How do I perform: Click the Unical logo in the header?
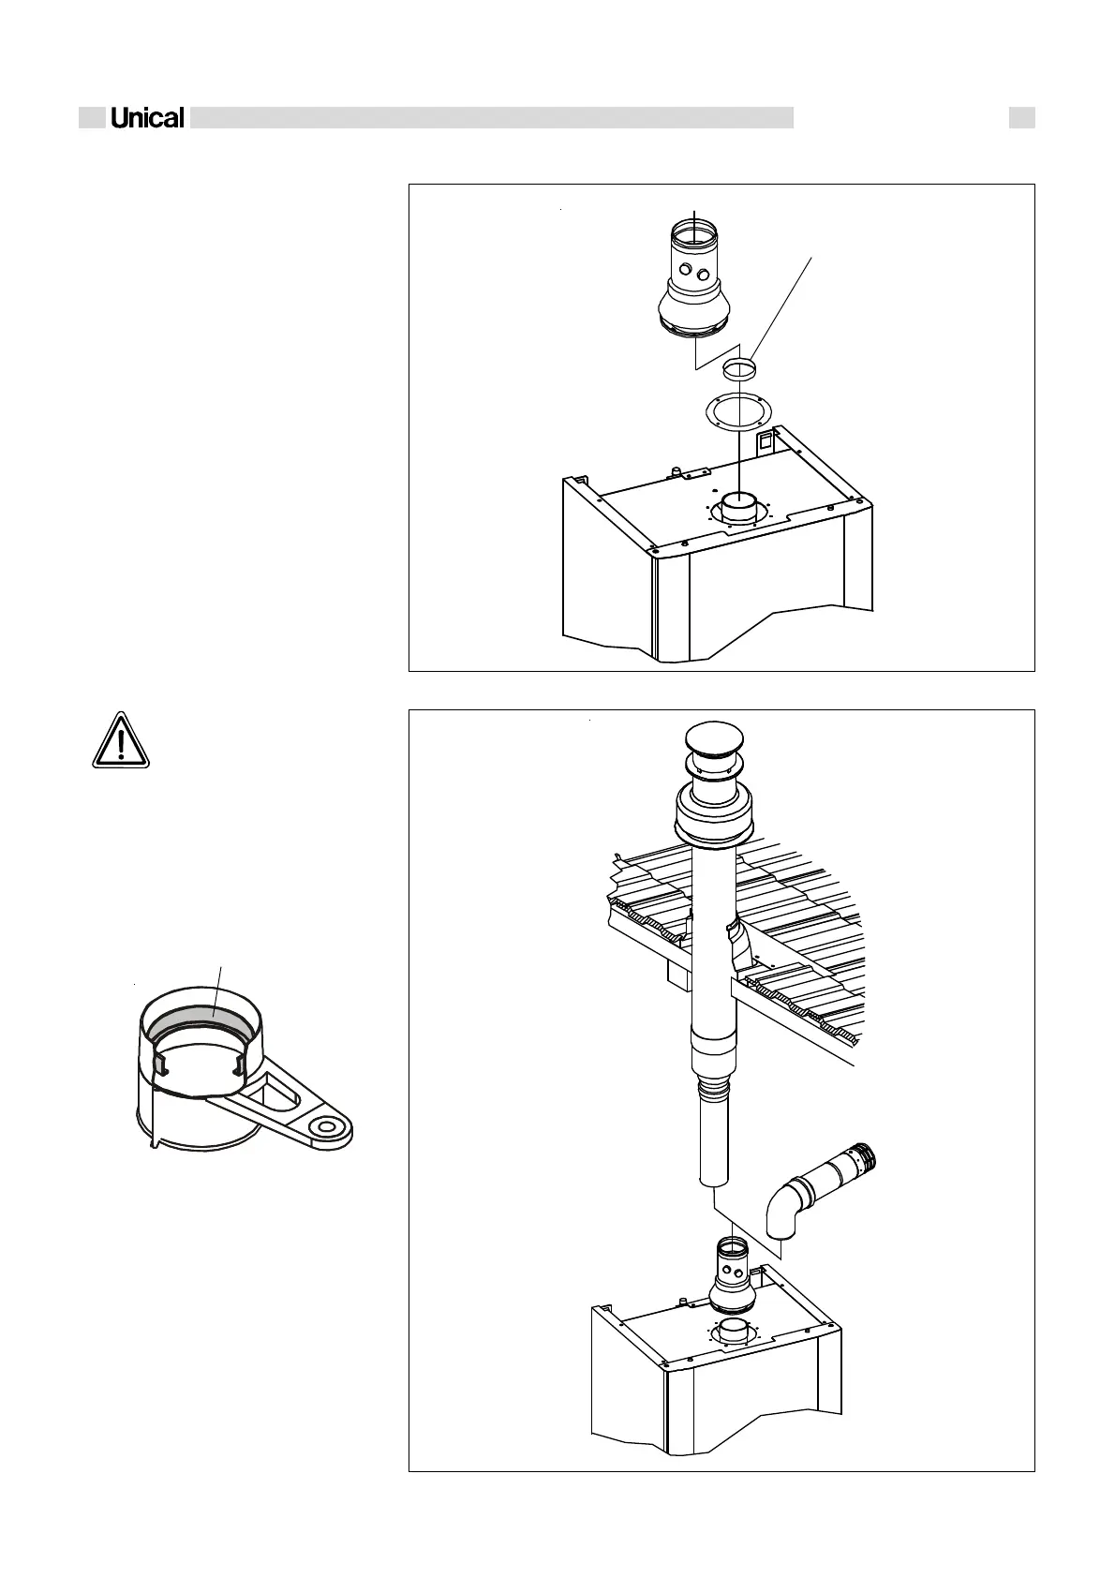click(147, 118)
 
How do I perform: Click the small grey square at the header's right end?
click(1021, 118)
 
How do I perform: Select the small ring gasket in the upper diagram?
click(739, 364)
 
